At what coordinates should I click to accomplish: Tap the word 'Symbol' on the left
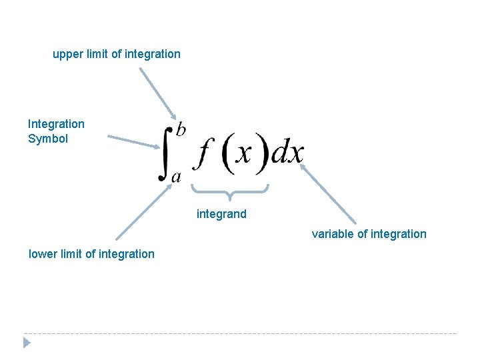(48, 139)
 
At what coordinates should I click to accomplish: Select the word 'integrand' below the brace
(221, 214)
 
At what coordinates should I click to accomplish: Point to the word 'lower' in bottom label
(43, 254)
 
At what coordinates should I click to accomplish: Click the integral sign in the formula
(165, 153)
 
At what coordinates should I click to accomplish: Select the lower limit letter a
(176, 177)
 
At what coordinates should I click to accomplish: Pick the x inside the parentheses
(245, 155)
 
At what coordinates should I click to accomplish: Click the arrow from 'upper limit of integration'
(158, 93)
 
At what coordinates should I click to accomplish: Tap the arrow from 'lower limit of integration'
(141, 214)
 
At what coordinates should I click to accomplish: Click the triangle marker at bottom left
(27, 343)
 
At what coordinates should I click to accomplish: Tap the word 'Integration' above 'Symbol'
(56, 124)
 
